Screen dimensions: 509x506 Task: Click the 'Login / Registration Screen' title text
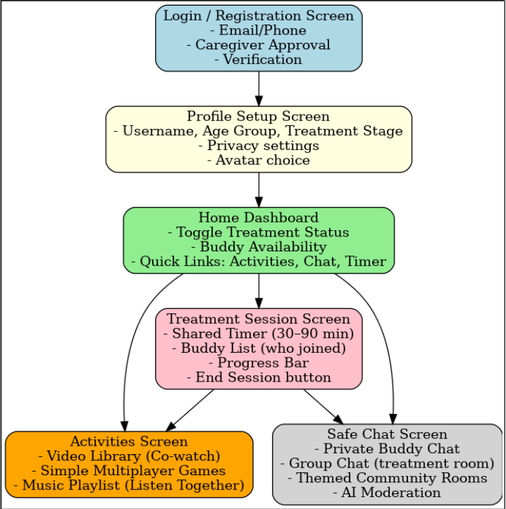click(x=259, y=16)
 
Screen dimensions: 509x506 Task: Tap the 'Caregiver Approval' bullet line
click(x=259, y=45)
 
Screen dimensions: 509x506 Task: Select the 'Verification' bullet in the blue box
click(x=259, y=60)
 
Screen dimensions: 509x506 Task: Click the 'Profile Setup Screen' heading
click(x=258, y=116)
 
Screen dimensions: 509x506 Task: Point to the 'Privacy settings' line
click(x=258, y=146)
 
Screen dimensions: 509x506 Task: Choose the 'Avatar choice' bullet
click(x=258, y=161)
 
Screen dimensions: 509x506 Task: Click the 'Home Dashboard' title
click(x=258, y=218)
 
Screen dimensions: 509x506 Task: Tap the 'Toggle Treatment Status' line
click(x=258, y=232)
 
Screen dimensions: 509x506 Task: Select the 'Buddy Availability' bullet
click(x=258, y=247)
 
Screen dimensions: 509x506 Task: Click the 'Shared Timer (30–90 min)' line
click(x=258, y=334)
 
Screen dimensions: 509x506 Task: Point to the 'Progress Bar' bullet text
click(x=258, y=363)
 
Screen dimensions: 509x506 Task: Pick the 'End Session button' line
click(x=258, y=378)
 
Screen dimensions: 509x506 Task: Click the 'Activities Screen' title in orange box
click(x=129, y=441)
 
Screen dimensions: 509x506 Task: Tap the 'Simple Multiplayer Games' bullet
click(x=129, y=471)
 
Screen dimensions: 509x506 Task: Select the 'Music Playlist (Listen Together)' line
click(x=129, y=486)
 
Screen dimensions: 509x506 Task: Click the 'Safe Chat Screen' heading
click(x=387, y=434)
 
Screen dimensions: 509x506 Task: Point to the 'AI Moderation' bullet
click(x=387, y=493)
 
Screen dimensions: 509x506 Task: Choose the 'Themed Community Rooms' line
click(x=387, y=478)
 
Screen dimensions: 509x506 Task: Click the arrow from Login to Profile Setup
click(x=259, y=89)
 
